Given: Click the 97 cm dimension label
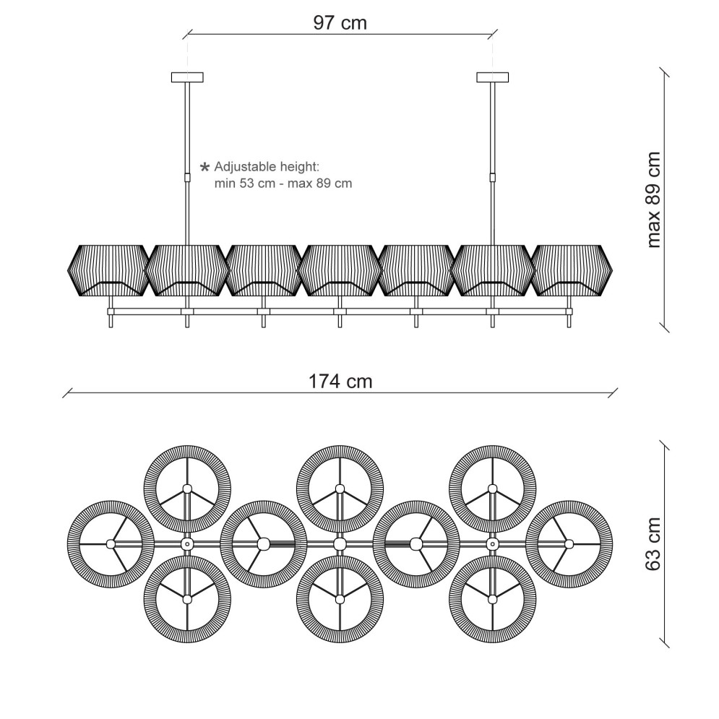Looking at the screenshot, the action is click(340, 22).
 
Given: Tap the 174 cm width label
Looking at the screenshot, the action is click(340, 382).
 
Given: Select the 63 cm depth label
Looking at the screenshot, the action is click(653, 544).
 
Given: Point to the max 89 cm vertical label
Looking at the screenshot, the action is click(653, 200).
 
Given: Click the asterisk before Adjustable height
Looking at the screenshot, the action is click(205, 167).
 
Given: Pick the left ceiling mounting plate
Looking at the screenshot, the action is click(187, 77).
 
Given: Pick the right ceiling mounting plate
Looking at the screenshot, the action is click(493, 77).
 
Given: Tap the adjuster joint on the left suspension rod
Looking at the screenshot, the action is click(187, 178).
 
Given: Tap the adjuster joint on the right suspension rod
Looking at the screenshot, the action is click(493, 178).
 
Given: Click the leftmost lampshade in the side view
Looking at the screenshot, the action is click(108, 270).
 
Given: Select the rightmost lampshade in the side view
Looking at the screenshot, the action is click(572, 270).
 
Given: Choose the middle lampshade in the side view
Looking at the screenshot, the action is click(340, 270).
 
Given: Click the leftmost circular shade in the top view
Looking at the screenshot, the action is click(111, 544).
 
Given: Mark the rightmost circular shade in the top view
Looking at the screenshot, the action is click(569, 544).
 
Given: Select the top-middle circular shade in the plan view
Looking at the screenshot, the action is click(340, 488).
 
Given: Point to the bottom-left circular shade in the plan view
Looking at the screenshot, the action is click(187, 599).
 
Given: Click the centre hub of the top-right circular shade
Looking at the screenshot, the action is click(493, 488).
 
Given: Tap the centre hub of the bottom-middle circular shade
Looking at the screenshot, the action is click(340, 599).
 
